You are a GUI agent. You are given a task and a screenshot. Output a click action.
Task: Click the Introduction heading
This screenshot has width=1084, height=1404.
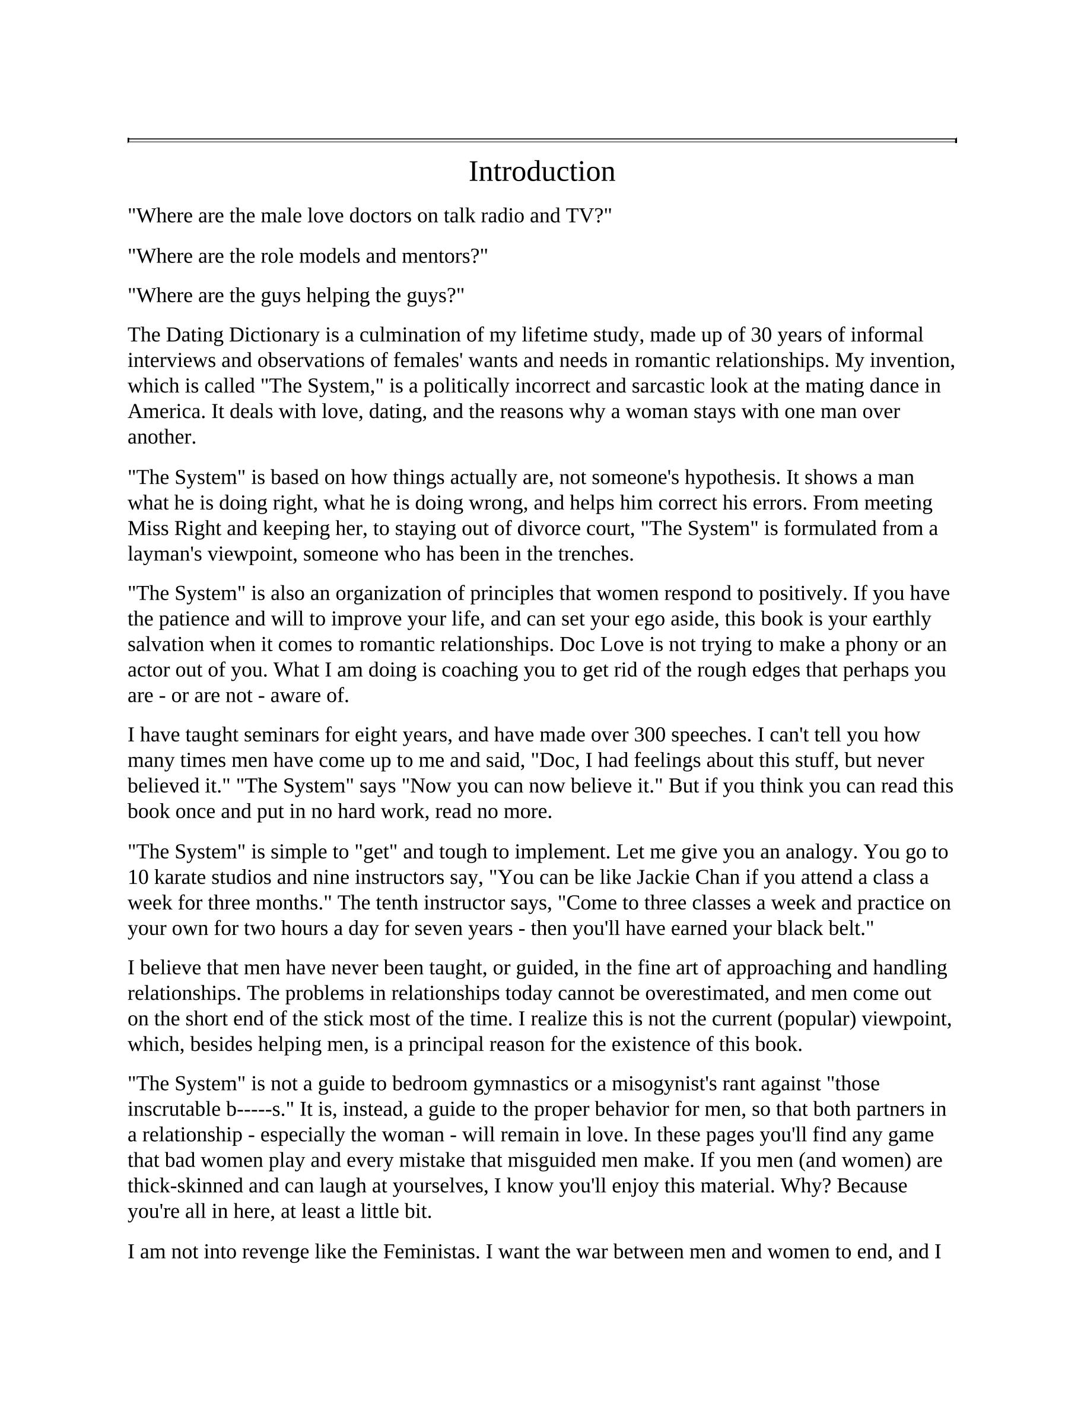[x=542, y=172]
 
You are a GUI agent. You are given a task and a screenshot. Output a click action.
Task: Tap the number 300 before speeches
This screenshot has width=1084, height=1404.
[x=647, y=735]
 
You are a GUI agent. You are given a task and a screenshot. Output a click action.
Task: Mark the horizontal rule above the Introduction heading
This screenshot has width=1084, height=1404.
[x=542, y=140]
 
